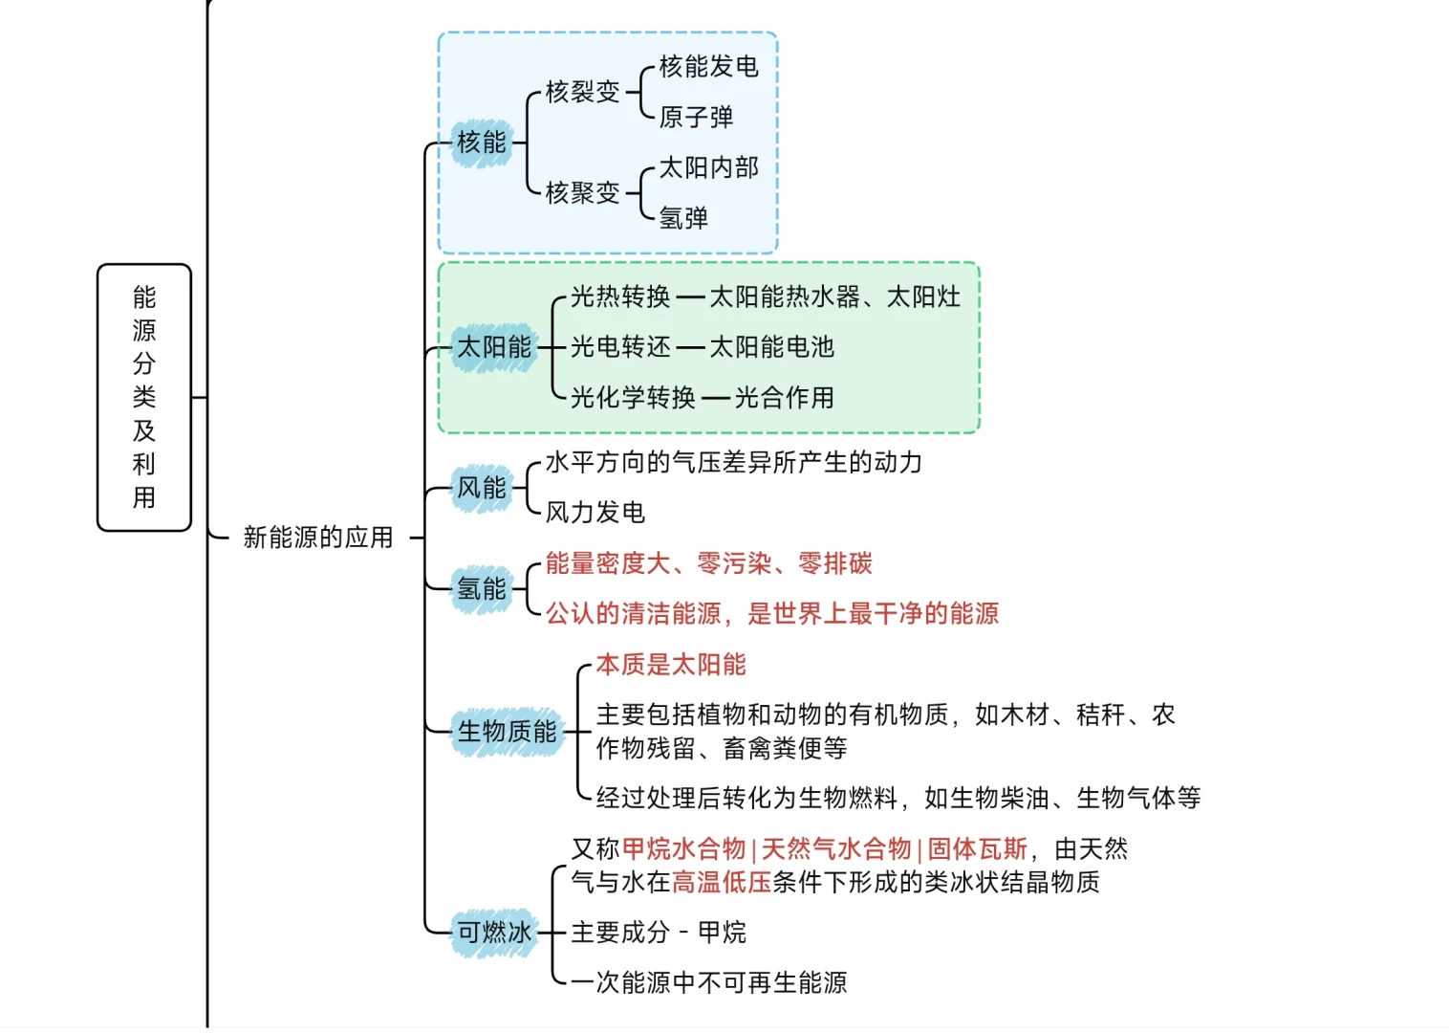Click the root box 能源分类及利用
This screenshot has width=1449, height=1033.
144,397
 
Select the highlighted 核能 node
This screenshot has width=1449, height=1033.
482,143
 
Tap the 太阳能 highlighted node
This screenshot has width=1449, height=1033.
494,347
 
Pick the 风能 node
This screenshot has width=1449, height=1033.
482,488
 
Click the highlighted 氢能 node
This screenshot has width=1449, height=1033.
482,588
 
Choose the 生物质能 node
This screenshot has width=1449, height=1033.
507,732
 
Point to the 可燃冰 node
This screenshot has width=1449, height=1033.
494,932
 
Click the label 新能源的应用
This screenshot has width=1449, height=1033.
318,538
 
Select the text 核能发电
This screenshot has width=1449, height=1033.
708,66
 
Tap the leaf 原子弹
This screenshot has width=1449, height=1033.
696,117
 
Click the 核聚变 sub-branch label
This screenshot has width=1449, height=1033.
582,193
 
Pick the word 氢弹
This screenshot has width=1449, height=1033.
683,218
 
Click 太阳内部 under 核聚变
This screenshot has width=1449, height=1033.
708,167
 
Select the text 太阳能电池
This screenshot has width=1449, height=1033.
771,347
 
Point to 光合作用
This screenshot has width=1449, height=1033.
784,398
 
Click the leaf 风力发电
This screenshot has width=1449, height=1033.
595,513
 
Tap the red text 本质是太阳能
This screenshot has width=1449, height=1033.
671,665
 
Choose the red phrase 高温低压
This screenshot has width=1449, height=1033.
722,882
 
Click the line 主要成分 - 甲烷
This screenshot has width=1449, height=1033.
659,932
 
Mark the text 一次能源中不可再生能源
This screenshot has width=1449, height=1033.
709,982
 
